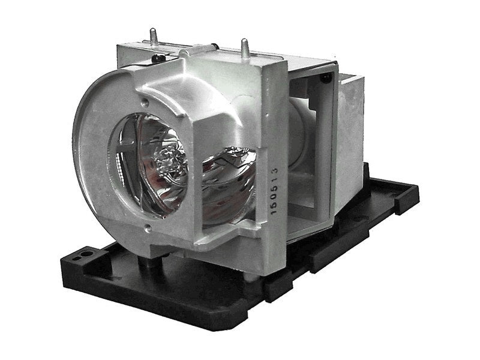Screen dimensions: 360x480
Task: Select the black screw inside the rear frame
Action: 325,78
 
